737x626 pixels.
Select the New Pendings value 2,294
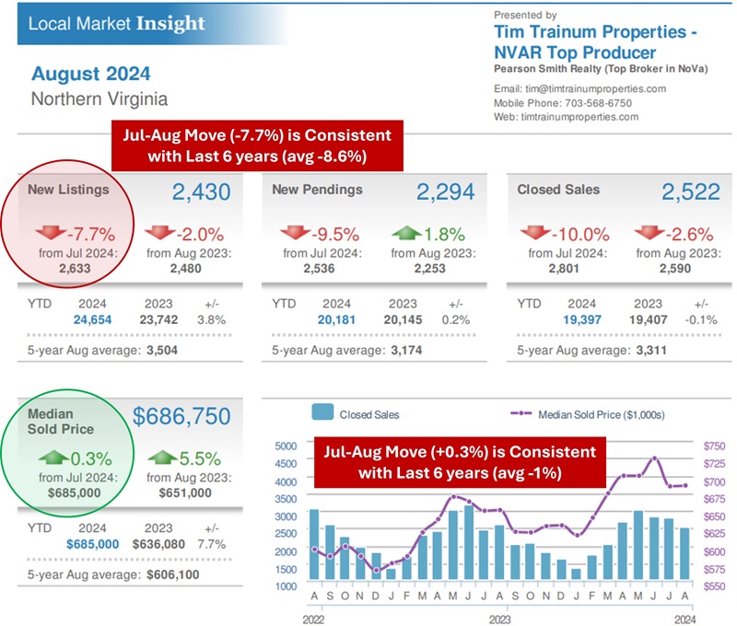coord(446,191)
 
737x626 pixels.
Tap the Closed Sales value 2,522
coord(691,191)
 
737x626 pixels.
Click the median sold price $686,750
coord(181,417)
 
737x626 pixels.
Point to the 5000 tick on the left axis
coord(287,446)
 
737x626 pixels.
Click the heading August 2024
coord(90,73)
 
